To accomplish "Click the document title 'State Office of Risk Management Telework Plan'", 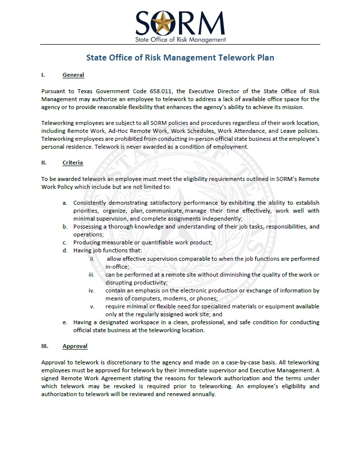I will tap(180, 58).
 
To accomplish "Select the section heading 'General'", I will tap(73, 75).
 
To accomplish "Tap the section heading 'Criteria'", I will tap(72, 163).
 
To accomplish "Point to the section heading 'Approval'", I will tap(74, 346).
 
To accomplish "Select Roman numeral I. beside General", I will tap(43, 75).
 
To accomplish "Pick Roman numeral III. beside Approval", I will tap(45, 346).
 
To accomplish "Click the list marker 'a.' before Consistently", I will tap(65, 202).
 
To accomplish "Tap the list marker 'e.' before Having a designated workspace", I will tap(65, 322).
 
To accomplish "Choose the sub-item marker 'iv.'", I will tap(91, 291).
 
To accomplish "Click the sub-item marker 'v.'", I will tap(92, 306).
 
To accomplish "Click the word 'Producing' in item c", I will tap(87, 242).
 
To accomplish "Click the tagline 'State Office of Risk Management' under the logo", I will tap(180, 39).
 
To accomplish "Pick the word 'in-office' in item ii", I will tap(117, 267).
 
